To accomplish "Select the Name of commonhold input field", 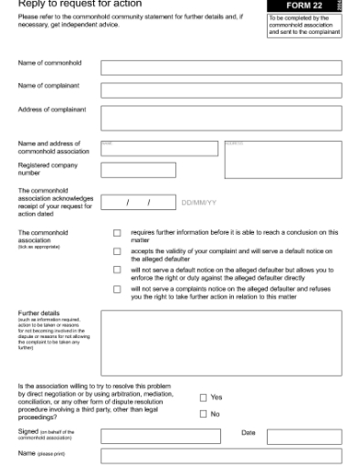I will [x=220, y=67].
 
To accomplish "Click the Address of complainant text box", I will [x=220, y=117].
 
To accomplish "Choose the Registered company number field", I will [x=138, y=170].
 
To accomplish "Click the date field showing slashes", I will [x=138, y=201].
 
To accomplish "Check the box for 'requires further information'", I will [x=117, y=234].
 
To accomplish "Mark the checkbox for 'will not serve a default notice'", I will [x=117, y=270].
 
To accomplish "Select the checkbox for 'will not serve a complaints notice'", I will [x=117, y=289].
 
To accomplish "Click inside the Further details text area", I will [x=220, y=343].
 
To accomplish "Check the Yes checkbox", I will [x=203, y=397].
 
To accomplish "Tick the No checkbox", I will [x=203, y=414].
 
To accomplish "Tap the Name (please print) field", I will [x=220, y=455].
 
